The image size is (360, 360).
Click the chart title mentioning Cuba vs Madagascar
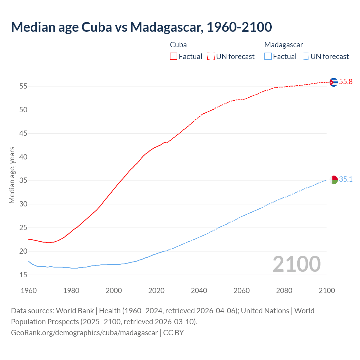click(x=141, y=27)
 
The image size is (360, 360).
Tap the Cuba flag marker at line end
click(x=334, y=82)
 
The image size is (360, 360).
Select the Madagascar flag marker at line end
click(x=334, y=180)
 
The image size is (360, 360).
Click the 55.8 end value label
click(x=346, y=82)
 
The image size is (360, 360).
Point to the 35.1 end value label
click(x=346, y=179)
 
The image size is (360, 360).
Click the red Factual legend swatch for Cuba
click(x=174, y=57)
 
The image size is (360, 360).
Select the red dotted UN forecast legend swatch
click(x=211, y=57)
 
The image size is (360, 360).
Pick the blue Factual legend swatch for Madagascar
click(x=268, y=57)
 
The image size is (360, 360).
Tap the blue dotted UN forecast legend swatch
click(x=305, y=57)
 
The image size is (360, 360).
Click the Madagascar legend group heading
click(x=283, y=45)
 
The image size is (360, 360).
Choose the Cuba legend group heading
click(x=178, y=45)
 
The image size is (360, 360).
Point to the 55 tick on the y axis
click(x=23, y=86)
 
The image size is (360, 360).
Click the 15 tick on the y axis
click(x=23, y=275)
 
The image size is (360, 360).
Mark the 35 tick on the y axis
click(x=23, y=181)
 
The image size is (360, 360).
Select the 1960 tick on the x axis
click(x=29, y=291)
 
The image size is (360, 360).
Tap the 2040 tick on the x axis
click(x=199, y=291)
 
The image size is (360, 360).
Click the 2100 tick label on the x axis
click(x=327, y=291)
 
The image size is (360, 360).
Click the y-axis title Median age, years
click(x=12, y=175)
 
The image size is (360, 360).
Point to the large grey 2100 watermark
click(x=296, y=264)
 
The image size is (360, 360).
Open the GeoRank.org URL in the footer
click(x=84, y=333)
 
